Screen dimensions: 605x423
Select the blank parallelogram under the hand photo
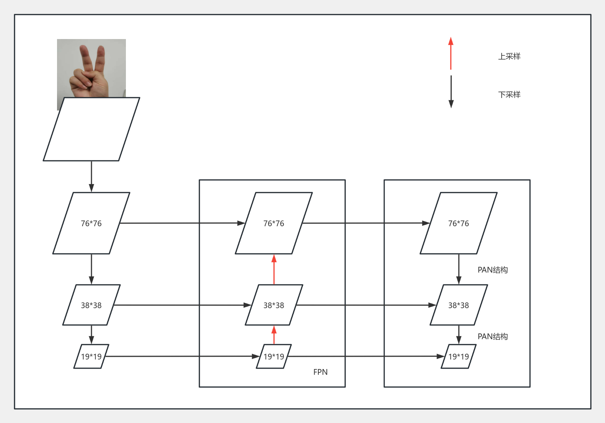pos(91,129)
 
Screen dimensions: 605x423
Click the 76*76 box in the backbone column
pos(91,223)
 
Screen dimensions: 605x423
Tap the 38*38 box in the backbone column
pos(91,305)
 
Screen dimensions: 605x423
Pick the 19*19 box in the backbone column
pos(91,356)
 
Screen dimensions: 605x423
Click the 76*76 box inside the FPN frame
pos(274,223)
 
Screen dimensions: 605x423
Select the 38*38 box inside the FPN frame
pos(274,305)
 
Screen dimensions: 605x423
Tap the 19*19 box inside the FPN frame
pos(274,356)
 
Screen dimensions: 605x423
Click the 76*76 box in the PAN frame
pos(458,223)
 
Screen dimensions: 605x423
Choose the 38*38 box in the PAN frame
pos(458,305)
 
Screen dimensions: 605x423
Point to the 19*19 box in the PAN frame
pos(458,356)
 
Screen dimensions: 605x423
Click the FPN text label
pos(320,372)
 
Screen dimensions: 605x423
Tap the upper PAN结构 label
pos(492,270)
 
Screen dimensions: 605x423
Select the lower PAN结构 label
pos(492,336)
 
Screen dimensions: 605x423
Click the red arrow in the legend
pos(451,53)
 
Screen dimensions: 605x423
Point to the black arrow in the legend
pos(451,91)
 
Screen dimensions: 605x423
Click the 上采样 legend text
pos(509,56)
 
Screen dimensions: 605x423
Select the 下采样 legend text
pos(509,95)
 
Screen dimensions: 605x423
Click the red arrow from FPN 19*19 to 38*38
pos(274,335)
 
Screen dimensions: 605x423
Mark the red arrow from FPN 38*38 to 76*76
pos(274,269)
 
